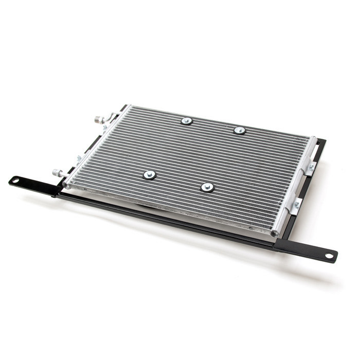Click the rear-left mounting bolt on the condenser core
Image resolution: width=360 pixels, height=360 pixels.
[186, 121]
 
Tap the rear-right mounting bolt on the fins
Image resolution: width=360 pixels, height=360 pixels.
[239, 130]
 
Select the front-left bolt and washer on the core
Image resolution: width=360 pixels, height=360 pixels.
[149, 175]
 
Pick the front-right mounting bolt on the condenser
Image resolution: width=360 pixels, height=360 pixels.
[207, 187]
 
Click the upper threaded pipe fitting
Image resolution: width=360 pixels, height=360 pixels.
[98, 119]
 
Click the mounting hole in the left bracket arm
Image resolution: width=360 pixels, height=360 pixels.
[16, 181]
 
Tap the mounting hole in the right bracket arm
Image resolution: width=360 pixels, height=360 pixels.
[328, 256]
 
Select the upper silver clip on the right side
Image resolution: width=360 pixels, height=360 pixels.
[310, 168]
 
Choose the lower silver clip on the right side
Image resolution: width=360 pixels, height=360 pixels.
[296, 206]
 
